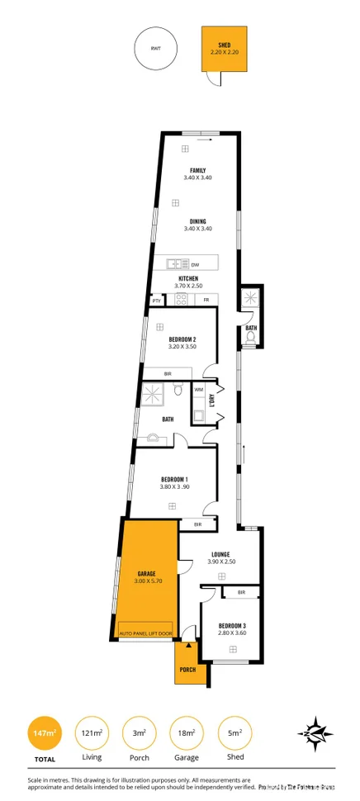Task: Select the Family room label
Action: click(x=197, y=171)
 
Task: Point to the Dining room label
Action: click(x=197, y=221)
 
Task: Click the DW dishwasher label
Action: click(x=195, y=264)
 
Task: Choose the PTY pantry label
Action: click(x=156, y=300)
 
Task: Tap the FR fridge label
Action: click(x=206, y=300)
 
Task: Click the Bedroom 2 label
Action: click(x=182, y=339)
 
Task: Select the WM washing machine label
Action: click(x=199, y=389)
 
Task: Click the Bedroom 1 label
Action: click(x=174, y=480)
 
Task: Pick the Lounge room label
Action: click(x=220, y=554)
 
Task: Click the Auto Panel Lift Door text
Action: click(x=146, y=633)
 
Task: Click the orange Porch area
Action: click(x=187, y=665)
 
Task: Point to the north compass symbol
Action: click(x=315, y=732)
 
